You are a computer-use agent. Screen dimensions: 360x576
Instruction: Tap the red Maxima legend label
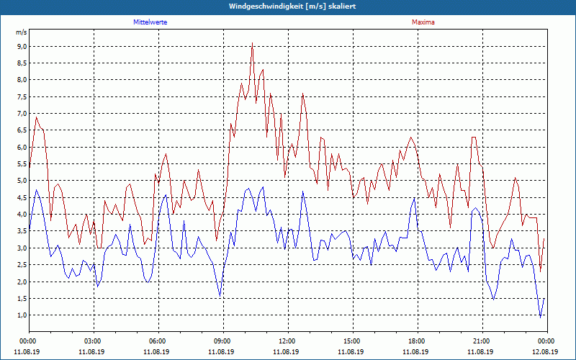click(423, 22)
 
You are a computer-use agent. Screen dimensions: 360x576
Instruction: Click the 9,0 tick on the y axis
click(21, 46)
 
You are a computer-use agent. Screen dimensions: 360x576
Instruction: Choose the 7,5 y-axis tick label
click(21, 96)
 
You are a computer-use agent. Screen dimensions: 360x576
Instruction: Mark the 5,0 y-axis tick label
click(21, 181)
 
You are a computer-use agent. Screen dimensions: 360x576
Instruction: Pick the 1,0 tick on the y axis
click(21, 315)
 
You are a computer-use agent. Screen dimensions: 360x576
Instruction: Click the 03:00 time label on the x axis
click(93, 341)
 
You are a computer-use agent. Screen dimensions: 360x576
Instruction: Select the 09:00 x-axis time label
click(222, 341)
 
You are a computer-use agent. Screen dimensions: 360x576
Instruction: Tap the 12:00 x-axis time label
click(287, 341)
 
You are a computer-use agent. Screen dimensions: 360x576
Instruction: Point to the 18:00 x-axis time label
click(417, 341)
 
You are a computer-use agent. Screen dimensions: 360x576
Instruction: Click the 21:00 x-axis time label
click(482, 341)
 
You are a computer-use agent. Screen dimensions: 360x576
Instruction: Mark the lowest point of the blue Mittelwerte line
click(541, 317)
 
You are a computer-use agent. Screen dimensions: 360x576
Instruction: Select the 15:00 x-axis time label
click(352, 341)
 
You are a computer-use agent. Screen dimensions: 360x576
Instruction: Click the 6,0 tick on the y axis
click(21, 147)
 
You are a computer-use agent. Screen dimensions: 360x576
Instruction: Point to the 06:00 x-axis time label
click(158, 341)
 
